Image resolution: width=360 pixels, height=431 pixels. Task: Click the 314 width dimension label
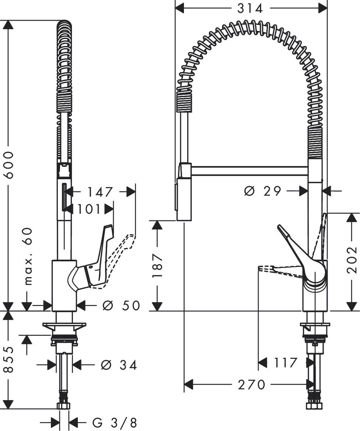pos(250,8)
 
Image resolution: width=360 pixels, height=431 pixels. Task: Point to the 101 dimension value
pos(89,209)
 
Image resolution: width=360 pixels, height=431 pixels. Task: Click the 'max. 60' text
pos(28,256)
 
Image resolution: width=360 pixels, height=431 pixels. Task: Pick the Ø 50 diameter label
pos(120,306)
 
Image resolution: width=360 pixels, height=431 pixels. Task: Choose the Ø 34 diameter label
pos(119,365)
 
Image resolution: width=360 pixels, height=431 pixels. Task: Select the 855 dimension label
pos(8,359)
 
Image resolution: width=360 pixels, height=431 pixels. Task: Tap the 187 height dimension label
pos(157,266)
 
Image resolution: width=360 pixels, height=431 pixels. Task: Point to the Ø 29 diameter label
pos(262,191)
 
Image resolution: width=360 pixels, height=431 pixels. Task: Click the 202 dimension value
pos(352,259)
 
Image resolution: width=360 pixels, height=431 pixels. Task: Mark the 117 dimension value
pos(286,363)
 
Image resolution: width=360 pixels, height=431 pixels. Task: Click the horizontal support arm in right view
pos(250,171)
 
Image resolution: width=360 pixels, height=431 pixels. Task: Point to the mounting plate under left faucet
pos(65,326)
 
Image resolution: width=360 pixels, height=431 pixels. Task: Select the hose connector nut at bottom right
pos(315,406)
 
